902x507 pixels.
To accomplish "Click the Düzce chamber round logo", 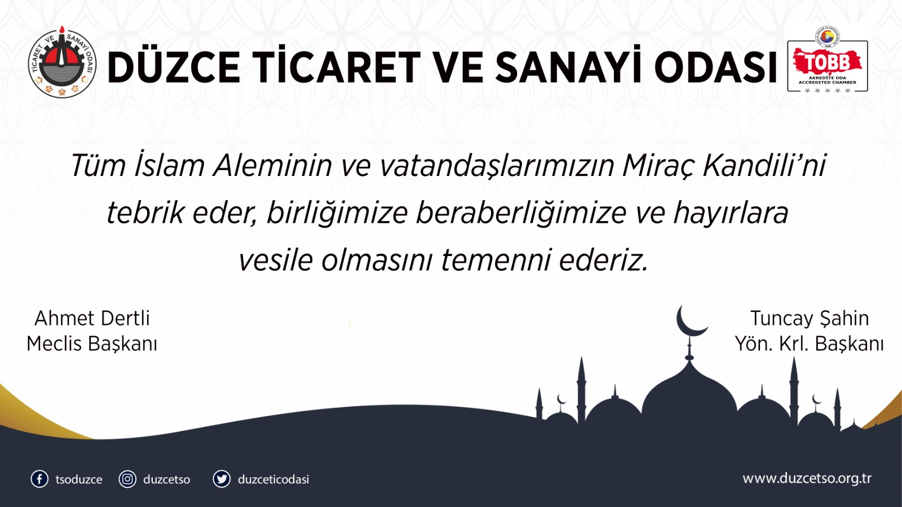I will pyautogui.click(x=62, y=63).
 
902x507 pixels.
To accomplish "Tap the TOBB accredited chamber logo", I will pyautogui.click(x=827, y=61).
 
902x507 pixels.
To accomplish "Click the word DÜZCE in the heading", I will pyautogui.click(x=174, y=67).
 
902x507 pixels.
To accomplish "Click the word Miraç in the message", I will pyautogui.click(x=657, y=166).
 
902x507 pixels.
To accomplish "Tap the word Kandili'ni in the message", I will pyautogui.click(x=764, y=166).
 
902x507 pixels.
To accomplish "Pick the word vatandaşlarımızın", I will pyautogui.click(x=497, y=166).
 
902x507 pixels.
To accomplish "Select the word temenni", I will pyautogui.click(x=496, y=261).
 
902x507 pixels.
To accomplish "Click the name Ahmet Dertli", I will pyautogui.click(x=92, y=318).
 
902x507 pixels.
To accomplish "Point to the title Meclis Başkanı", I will pyautogui.click(x=92, y=343).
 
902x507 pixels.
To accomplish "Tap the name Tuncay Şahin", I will pyautogui.click(x=809, y=318).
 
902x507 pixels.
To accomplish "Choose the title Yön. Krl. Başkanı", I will pyautogui.click(x=809, y=343).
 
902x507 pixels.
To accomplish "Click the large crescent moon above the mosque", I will pyautogui.click(x=689, y=321).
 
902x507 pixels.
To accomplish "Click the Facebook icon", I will pyautogui.click(x=39, y=479).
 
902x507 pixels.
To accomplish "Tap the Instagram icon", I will pyautogui.click(x=127, y=479).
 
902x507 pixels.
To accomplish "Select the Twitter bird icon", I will pyautogui.click(x=222, y=479).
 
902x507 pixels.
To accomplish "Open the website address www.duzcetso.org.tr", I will pyautogui.click(x=807, y=478).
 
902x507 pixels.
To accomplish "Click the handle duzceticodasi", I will pyautogui.click(x=273, y=479).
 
